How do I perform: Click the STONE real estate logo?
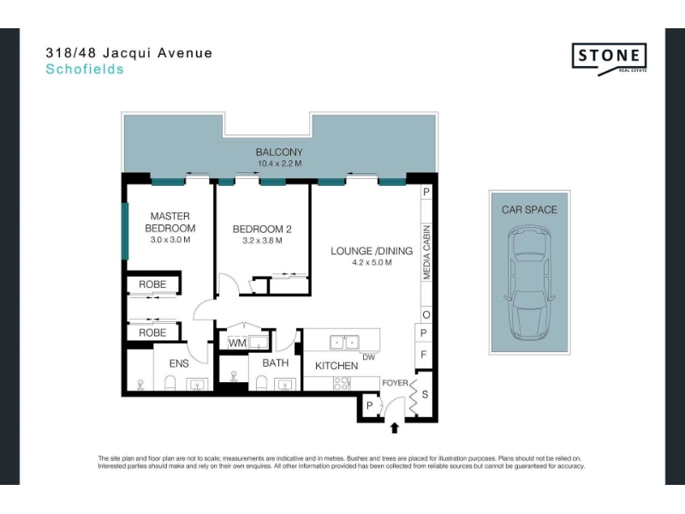click(x=609, y=58)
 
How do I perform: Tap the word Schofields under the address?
click(x=85, y=69)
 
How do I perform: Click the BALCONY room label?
click(x=279, y=152)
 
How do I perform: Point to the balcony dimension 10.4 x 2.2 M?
click(x=280, y=164)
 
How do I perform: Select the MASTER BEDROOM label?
click(x=170, y=222)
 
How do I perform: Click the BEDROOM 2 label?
click(x=262, y=229)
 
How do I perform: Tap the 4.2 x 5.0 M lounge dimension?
click(x=372, y=262)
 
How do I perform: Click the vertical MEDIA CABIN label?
click(x=426, y=252)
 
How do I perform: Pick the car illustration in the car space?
click(x=529, y=284)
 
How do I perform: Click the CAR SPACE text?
click(x=529, y=210)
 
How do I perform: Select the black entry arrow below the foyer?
click(x=395, y=427)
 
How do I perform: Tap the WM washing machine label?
click(x=238, y=344)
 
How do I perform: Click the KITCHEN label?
click(x=337, y=366)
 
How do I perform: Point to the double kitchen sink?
click(x=345, y=342)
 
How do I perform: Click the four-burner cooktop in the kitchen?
click(x=341, y=383)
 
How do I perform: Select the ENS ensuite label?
click(x=179, y=363)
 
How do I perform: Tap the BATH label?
click(x=276, y=362)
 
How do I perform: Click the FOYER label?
click(x=395, y=383)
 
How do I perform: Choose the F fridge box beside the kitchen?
click(x=423, y=355)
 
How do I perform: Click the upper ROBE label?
click(x=152, y=284)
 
